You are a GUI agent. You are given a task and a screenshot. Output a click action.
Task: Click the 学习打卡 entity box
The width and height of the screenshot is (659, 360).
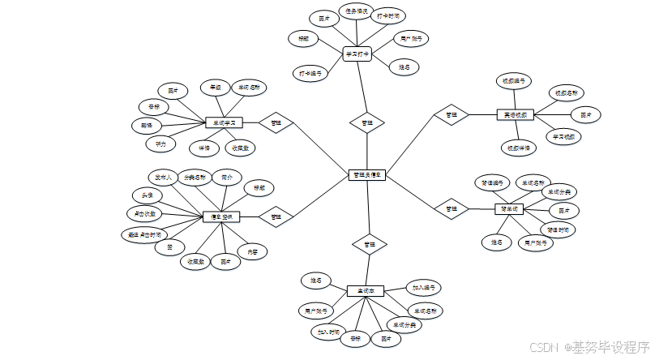tap(357, 54)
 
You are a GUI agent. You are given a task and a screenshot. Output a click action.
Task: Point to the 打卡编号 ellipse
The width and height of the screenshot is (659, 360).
tap(310, 73)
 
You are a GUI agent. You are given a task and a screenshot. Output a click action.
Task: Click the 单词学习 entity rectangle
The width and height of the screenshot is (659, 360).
tap(225, 122)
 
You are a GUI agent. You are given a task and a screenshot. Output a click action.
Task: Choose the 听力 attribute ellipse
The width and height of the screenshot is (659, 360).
tap(160, 144)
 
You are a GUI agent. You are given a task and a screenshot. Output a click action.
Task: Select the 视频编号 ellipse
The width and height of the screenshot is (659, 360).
tap(513, 81)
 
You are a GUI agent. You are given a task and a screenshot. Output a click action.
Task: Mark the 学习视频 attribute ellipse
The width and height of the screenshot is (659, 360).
tap(564, 136)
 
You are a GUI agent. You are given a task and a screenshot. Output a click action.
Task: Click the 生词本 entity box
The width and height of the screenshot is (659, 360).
tap(365, 290)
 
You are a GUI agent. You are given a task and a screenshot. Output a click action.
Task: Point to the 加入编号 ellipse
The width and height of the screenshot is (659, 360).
tap(424, 288)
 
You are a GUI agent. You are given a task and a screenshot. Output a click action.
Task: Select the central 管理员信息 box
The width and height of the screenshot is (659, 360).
tap(367, 175)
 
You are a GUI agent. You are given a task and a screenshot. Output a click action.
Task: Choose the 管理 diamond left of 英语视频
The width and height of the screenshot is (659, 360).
tap(451, 115)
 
